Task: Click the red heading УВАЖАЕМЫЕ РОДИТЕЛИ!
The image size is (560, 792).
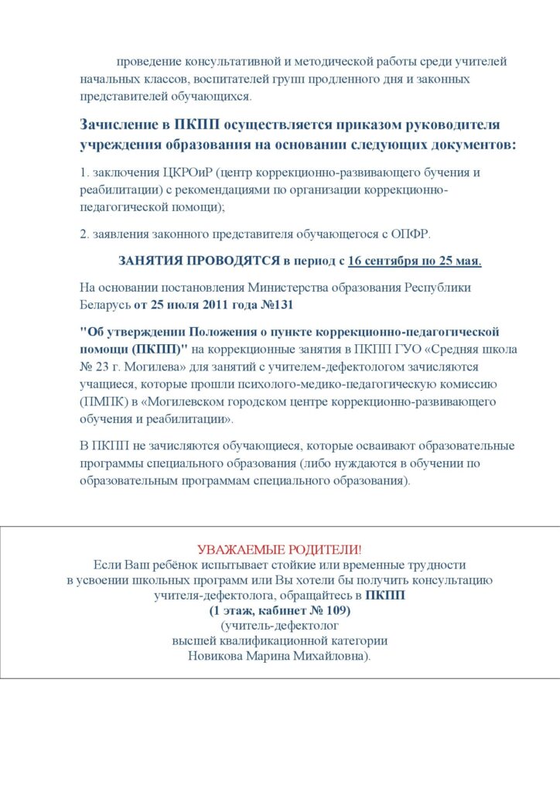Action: (279, 549)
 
